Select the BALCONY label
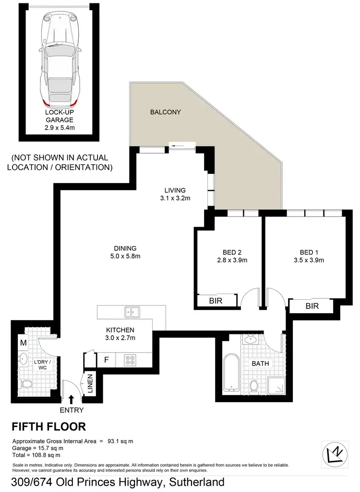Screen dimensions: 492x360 click(x=165, y=112)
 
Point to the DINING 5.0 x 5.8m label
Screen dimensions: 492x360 click(x=125, y=252)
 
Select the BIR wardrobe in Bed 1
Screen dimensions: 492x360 click(x=312, y=306)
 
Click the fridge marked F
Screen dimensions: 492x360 click(x=106, y=359)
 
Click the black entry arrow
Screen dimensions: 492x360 click(x=72, y=398)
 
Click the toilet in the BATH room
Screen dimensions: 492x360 click(x=253, y=385)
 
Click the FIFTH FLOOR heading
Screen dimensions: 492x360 click(x=48, y=426)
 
